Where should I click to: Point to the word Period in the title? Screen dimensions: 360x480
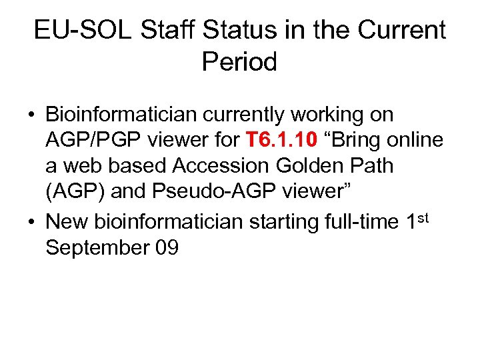[x=239, y=62]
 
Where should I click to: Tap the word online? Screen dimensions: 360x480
[x=413, y=141]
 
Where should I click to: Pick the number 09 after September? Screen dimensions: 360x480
[x=165, y=247]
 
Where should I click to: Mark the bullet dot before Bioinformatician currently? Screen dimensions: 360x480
[x=31, y=115]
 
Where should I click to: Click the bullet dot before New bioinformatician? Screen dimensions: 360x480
[x=31, y=221]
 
